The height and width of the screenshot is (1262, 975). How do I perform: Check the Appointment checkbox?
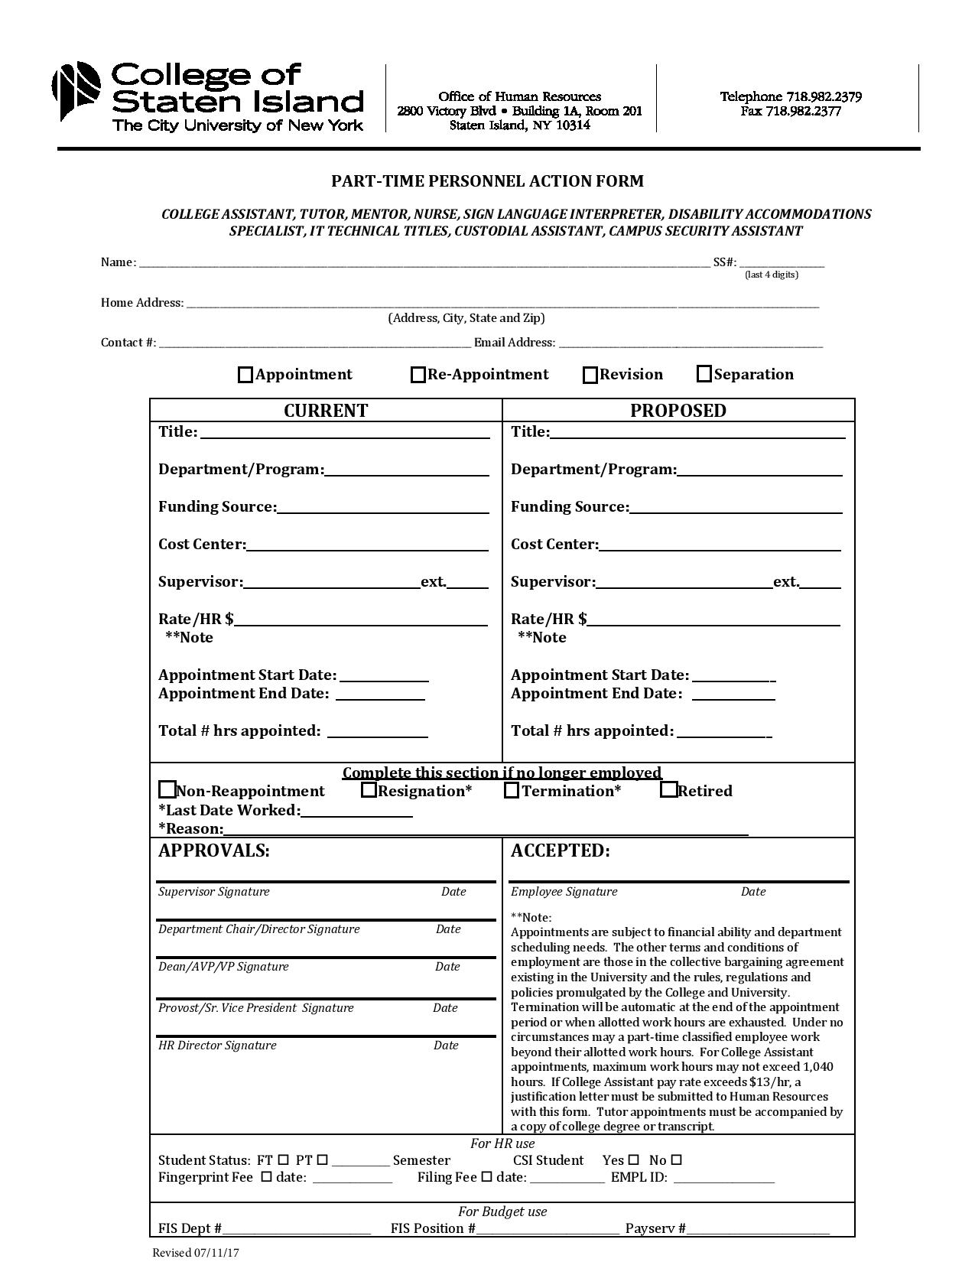[245, 375]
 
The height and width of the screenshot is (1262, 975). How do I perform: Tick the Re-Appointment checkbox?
[418, 375]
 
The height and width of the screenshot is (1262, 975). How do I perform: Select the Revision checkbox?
[590, 375]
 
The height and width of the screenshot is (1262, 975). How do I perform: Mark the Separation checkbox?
[704, 374]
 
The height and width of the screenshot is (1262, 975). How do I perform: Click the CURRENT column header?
[326, 411]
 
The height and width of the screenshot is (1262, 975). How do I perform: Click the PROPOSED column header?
[678, 411]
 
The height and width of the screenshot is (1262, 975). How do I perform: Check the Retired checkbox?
[668, 790]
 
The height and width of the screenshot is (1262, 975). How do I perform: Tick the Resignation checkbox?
[369, 790]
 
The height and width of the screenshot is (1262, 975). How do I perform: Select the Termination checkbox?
[512, 791]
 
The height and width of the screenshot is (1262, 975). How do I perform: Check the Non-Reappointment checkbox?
[167, 789]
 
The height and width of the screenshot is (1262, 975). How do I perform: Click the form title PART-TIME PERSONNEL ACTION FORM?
[487, 181]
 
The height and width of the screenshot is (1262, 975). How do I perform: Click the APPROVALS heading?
[213, 851]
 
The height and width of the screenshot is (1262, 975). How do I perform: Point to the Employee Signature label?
[564, 892]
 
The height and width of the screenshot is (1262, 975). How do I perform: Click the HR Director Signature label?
[217, 1046]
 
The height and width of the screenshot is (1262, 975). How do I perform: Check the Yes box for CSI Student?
[633, 1160]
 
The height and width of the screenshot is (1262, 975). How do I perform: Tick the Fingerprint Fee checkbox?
[266, 1177]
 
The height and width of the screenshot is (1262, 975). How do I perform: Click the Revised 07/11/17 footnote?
[196, 1253]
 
